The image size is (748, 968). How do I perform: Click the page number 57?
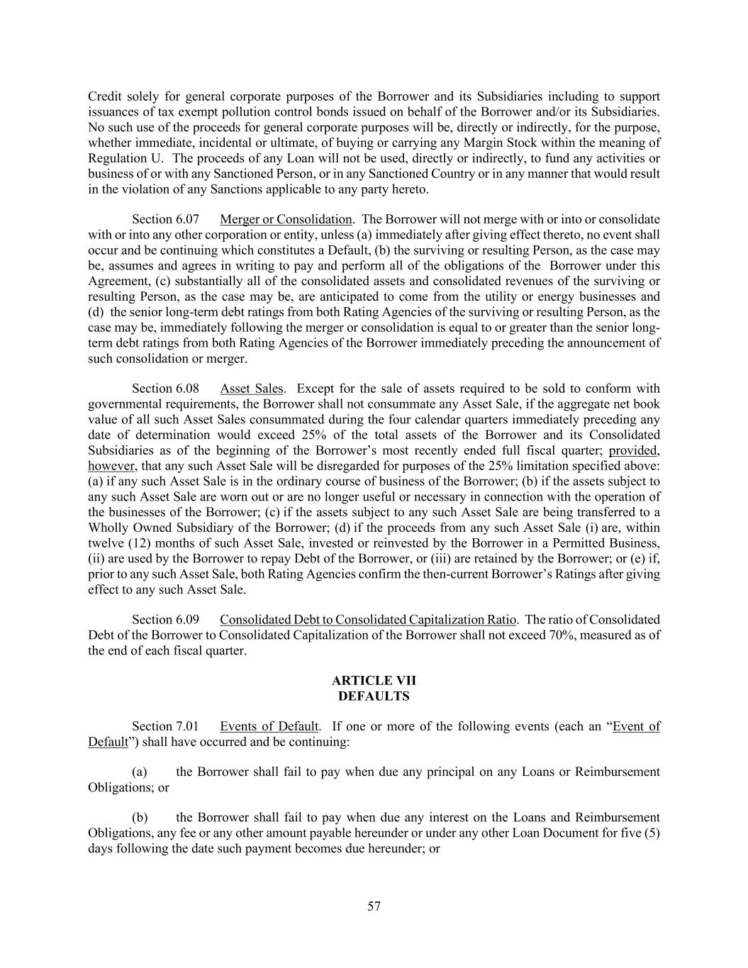click(374, 906)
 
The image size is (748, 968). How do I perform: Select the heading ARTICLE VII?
click(374, 681)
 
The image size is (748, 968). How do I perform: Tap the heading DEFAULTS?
click(374, 696)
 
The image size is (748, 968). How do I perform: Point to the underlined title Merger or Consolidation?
click(286, 219)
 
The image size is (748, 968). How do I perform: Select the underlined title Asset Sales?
click(252, 389)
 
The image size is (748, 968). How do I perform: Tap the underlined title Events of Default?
click(269, 726)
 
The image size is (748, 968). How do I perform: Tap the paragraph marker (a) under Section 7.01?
click(140, 772)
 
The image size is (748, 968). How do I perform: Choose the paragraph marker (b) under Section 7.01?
click(140, 818)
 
